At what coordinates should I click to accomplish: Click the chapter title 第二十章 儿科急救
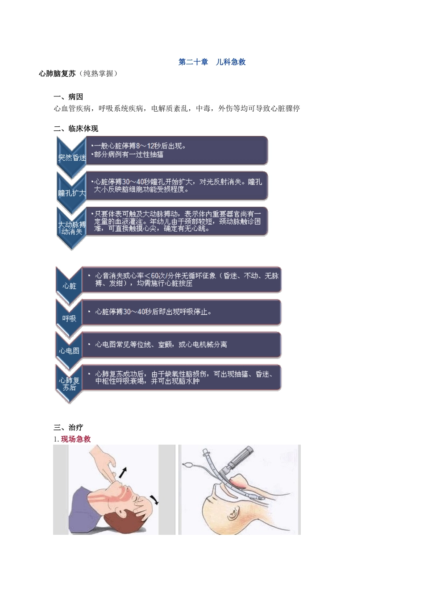(212, 62)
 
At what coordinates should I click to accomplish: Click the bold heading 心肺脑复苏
(57, 73)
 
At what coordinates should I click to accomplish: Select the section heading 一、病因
(68, 97)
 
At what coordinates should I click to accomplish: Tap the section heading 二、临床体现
(76, 129)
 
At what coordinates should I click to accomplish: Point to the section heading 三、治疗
(68, 427)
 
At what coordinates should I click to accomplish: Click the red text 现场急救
(76, 439)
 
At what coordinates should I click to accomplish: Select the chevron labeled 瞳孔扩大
(71, 192)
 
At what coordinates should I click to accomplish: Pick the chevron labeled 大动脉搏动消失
(71, 228)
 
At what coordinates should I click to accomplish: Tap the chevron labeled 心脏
(69, 286)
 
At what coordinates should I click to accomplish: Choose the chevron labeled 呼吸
(69, 318)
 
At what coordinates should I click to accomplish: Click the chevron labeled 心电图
(69, 350)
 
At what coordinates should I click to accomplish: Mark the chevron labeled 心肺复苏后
(69, 383)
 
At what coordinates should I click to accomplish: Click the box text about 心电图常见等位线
(161, 345)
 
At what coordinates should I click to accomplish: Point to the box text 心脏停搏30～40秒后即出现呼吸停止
(153, 312)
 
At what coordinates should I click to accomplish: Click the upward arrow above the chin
(123, 472)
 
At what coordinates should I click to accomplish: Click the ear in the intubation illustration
(233, 512)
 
